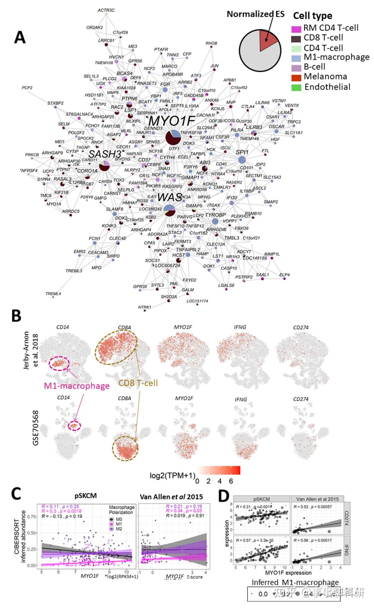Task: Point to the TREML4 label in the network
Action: (x=53, y=294)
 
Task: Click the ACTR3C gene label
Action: (x=106, y=10)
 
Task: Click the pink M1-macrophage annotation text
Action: (x=77, y=386)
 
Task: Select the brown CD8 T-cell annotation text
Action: (x=138, y=383)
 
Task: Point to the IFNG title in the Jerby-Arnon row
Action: (x=240, y=327)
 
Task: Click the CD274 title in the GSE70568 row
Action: (x=301, y=399)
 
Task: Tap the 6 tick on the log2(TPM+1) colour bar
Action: (x=231, y=481)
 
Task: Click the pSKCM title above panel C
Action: (x=86, y=496)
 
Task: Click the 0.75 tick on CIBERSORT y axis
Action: (x=31, y=517)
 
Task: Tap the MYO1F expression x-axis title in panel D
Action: (x=288, y=572)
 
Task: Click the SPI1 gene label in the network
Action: (x=242, y=152)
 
